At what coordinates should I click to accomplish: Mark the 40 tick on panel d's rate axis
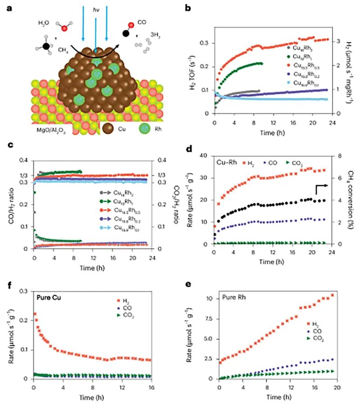[208, 156]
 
